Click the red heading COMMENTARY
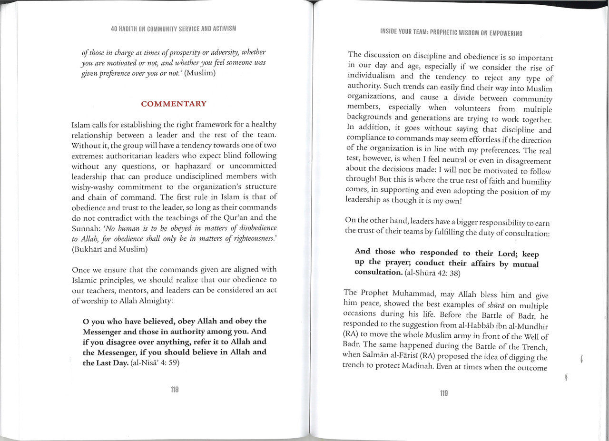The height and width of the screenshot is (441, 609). tap(174, 104)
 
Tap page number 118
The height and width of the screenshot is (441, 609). tap(174, 390)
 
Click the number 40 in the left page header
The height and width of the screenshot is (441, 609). tap(114, 29)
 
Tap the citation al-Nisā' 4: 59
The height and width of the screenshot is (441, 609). tap(155, 363)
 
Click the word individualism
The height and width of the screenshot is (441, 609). tap(371, 76)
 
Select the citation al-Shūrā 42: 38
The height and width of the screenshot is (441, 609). tap(435, 273)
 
